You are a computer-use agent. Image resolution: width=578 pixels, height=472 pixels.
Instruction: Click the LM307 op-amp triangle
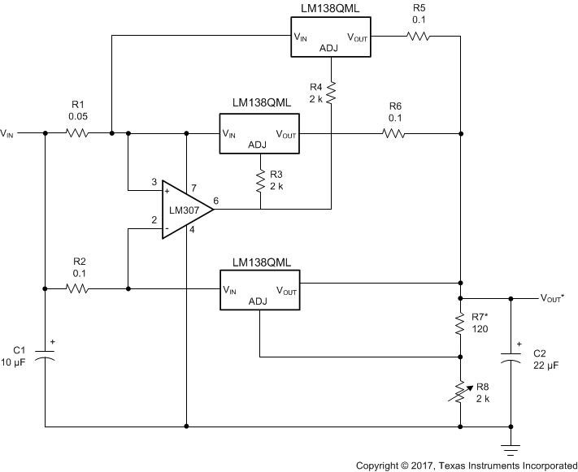tap(185, 210)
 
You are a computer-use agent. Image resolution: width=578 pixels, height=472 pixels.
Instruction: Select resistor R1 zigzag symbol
tap(76, 132)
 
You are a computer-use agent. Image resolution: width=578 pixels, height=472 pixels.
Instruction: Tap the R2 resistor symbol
tap(76, 288)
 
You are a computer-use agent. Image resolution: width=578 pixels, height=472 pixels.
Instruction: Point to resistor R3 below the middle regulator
tap(261, 180)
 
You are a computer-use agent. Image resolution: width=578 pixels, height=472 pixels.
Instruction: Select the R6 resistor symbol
tap(394, 132)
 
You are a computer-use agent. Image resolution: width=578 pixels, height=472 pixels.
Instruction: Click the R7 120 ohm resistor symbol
tap(460, 327)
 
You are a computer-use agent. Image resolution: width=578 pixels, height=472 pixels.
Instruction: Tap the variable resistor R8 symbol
tap(460, 392)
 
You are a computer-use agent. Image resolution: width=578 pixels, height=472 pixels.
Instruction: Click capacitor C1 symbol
tap(46, 357)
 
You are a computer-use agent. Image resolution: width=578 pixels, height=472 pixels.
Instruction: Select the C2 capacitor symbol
tap(511, 357)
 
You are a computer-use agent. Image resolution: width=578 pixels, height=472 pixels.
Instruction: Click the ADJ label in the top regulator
tap(329, 48)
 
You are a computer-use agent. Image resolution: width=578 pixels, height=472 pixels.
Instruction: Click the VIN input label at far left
tap(7, 132)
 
